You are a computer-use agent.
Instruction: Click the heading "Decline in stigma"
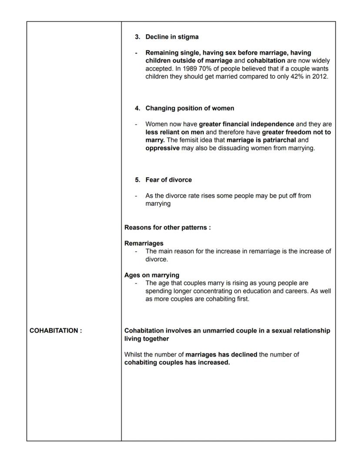point(172,37)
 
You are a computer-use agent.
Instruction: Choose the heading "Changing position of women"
point(190,108)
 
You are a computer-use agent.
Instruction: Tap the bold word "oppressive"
point(162,148)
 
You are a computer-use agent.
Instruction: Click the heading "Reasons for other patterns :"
point(167,228)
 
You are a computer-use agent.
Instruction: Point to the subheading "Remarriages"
point(143,243)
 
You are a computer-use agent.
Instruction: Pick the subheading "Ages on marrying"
point(151,275)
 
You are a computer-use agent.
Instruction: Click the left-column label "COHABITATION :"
point(56,331)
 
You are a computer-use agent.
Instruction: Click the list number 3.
point(137,37)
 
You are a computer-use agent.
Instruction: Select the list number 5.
point(137,180)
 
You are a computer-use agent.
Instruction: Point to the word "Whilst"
point(133,355)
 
